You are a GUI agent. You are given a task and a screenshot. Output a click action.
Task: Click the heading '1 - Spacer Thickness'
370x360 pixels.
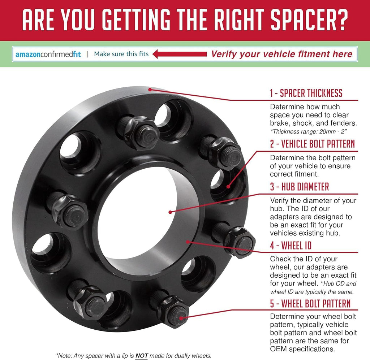pos(306,93)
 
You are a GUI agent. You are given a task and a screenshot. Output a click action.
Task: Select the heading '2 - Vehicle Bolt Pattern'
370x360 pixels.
pos(313,144)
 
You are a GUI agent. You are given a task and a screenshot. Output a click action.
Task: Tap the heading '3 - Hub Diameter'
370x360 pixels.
pos(300,186)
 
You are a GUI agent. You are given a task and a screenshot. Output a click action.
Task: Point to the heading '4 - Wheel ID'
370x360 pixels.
pos(291,246)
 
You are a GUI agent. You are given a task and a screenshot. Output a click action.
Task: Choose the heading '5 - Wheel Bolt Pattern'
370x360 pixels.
pos(310,303)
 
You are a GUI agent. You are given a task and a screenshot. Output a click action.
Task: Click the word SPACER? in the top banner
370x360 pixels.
pos(309,20)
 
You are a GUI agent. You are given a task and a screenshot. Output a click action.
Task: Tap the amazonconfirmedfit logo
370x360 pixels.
pos(48,55)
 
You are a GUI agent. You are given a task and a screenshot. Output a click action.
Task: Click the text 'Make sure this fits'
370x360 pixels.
pos(121,54)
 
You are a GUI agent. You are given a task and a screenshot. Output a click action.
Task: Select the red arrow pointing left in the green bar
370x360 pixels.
pos(180,54)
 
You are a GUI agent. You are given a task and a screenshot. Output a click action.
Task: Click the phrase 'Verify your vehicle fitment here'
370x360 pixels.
pos(281,54)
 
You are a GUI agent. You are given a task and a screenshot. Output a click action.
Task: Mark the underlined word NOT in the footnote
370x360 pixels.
pos(142,356)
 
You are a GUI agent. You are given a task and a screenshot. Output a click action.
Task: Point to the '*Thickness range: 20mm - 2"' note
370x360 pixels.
pos(309,131)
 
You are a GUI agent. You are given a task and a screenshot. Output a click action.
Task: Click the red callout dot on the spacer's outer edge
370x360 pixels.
pos(150,90)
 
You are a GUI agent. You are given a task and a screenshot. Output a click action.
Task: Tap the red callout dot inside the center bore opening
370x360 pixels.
pos(170,212)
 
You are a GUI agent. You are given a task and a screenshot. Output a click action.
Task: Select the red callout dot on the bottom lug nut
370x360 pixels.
pos(181,318)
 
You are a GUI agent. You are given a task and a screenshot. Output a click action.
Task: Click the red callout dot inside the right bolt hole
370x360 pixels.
pos(228,187)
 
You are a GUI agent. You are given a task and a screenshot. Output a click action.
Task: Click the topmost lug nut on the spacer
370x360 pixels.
pos(139,132)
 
